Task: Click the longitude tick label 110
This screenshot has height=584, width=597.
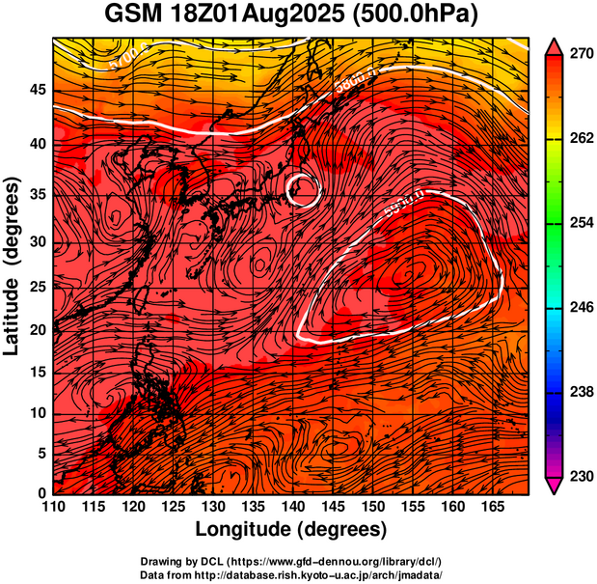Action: (x=53, y=507)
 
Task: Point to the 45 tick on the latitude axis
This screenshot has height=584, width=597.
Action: (x=36, y=91)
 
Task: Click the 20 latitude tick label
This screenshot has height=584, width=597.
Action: (x=36, y=330)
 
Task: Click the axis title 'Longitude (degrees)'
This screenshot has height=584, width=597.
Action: (x=291, y=530)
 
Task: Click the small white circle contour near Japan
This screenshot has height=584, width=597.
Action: (x=303, y=188)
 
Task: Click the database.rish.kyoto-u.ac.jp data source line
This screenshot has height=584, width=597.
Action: (x=291, y=574)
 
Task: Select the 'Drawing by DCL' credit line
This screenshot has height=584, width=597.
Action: (x=291, y=562)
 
